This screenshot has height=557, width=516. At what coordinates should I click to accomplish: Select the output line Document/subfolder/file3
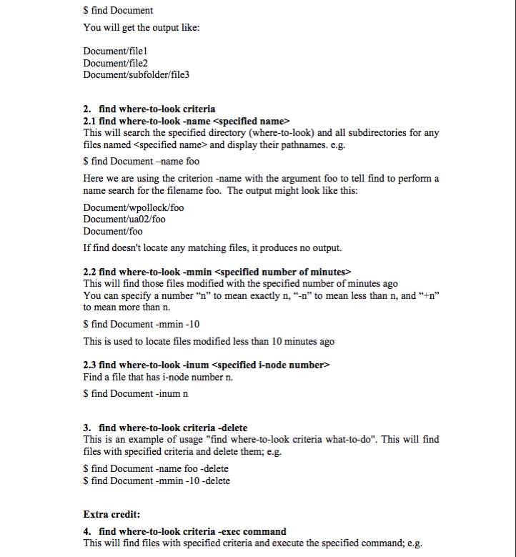coord(136,74)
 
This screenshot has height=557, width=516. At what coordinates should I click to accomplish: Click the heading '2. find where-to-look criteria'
coord(149,109)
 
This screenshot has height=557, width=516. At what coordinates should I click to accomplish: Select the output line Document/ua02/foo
coord(124,219)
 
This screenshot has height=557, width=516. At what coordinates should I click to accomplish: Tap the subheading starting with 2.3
coord(207,365)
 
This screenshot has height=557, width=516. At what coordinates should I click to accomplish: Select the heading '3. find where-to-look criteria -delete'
coord(165,428)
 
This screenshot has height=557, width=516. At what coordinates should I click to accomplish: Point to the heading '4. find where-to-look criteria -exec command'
coord(184,531)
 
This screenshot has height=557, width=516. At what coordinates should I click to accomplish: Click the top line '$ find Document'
coord(118,10)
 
